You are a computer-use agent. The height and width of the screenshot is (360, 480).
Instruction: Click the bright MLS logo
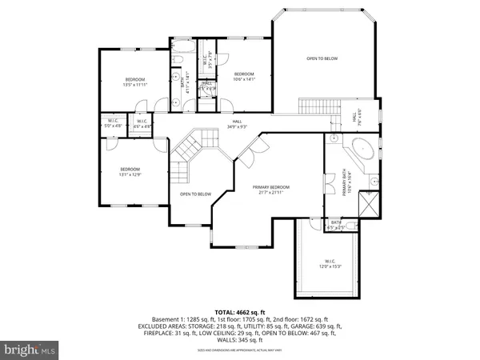click(30, 349)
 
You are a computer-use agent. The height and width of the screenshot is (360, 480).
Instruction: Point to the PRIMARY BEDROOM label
click(271, 189)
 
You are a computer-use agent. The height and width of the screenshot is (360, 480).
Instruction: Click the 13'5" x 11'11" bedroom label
click(134, 82)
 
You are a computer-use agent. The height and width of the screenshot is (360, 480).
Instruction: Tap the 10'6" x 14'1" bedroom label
click(243, 77)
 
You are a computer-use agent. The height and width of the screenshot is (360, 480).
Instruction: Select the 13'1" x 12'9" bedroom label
click(130, 172)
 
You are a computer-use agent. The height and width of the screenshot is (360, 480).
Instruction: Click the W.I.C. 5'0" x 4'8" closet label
click(111, 124)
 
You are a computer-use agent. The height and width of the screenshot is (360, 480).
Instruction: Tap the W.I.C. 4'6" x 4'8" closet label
click(140, 124)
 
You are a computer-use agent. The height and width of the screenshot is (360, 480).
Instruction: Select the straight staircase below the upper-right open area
click(315, 106)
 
